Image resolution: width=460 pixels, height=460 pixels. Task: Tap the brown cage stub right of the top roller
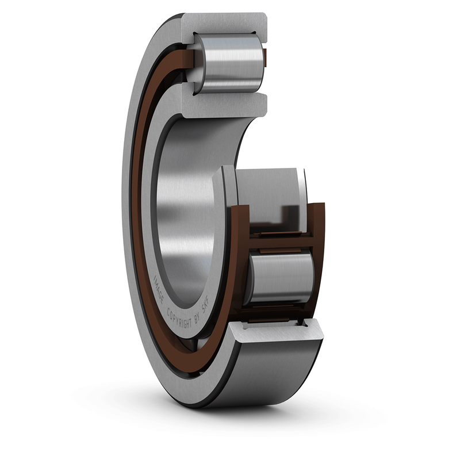point(265,56)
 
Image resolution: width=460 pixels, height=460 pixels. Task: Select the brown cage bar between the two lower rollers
point(282,239)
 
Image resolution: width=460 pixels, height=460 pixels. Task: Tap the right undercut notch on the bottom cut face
point(305,326)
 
